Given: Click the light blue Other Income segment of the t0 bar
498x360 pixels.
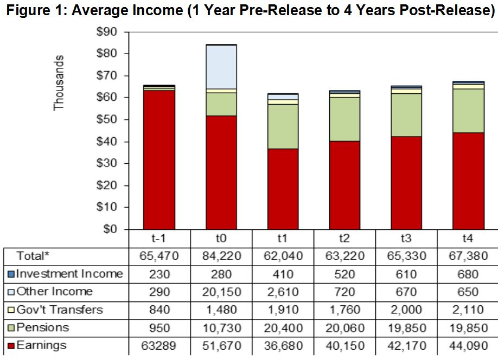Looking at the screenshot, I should tap(221, 67).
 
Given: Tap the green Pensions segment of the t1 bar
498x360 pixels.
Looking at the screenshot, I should tap(283, 126).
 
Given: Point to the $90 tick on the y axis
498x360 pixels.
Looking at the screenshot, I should tap(106, 32).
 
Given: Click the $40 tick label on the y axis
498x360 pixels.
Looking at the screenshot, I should tap(106, 142).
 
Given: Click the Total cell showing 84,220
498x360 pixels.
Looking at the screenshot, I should tap(221, 256).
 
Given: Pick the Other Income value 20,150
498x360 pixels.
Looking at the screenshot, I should tap(221, 292).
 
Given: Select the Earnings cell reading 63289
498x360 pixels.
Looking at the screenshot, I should tap(159, 345).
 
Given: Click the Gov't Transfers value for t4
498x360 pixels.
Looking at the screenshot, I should tap(468, 310).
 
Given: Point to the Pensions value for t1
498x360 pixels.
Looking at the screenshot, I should tap(283, 327).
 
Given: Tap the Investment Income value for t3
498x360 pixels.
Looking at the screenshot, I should tap(406, 274).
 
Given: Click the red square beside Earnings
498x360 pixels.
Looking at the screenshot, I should tap(11, 346).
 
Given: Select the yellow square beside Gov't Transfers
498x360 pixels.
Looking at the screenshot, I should tap(11, 310).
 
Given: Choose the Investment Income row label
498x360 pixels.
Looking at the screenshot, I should tap(69, 274).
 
